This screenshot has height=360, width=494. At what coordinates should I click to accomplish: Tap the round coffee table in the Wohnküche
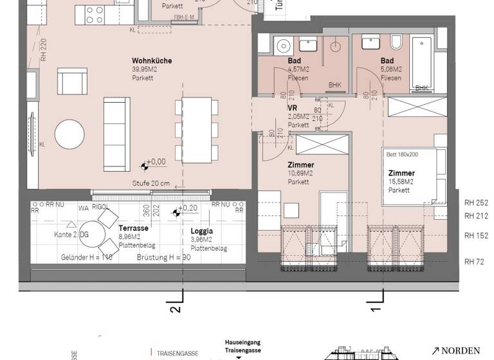point(69,134)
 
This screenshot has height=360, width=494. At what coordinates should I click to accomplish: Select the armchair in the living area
point(71,83)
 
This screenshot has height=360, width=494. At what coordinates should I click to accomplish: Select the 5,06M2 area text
point(391,69)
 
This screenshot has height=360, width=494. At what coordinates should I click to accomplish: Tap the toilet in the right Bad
point(397,43)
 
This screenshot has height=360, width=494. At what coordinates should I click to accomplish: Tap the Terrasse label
point(133,229)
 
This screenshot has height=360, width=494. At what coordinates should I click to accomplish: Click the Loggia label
point(202,231)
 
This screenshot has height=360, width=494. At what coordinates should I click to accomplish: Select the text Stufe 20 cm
point(151,183)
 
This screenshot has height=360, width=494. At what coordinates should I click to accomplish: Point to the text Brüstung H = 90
point(164,256)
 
